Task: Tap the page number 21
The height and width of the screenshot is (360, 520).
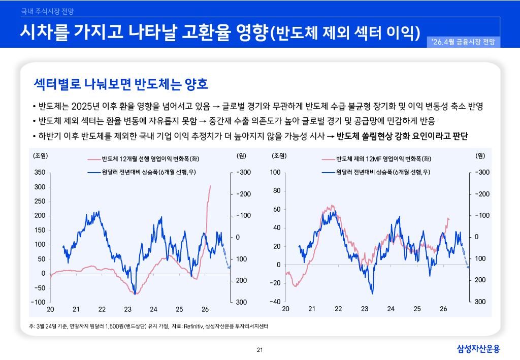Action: pyautogui.click(x=260, y=349)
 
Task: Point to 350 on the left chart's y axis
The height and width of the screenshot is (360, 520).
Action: pyautogui.click(x=40, y=173)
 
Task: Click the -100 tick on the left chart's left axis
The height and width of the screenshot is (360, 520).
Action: pyautogui.click(x=38, y=302)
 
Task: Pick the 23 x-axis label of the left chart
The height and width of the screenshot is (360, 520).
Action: pyautogui.click(x=127, y=309)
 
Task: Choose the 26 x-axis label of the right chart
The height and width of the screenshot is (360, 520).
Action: pyautogui.click(x=443, y=309)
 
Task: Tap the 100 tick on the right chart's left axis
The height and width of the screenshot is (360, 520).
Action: pyautogui.click(x=275, y=173)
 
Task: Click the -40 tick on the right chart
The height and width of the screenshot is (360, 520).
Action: pyautogui.click(x=275, y=302)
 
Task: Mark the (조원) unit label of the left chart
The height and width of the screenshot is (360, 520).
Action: pyautogui.click(x=41, y=155)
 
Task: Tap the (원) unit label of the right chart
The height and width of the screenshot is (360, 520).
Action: pyautogui.click(x=480, y=155)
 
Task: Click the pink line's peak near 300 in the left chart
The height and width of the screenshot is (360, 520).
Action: pyautogui.click(x=211, y=186)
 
